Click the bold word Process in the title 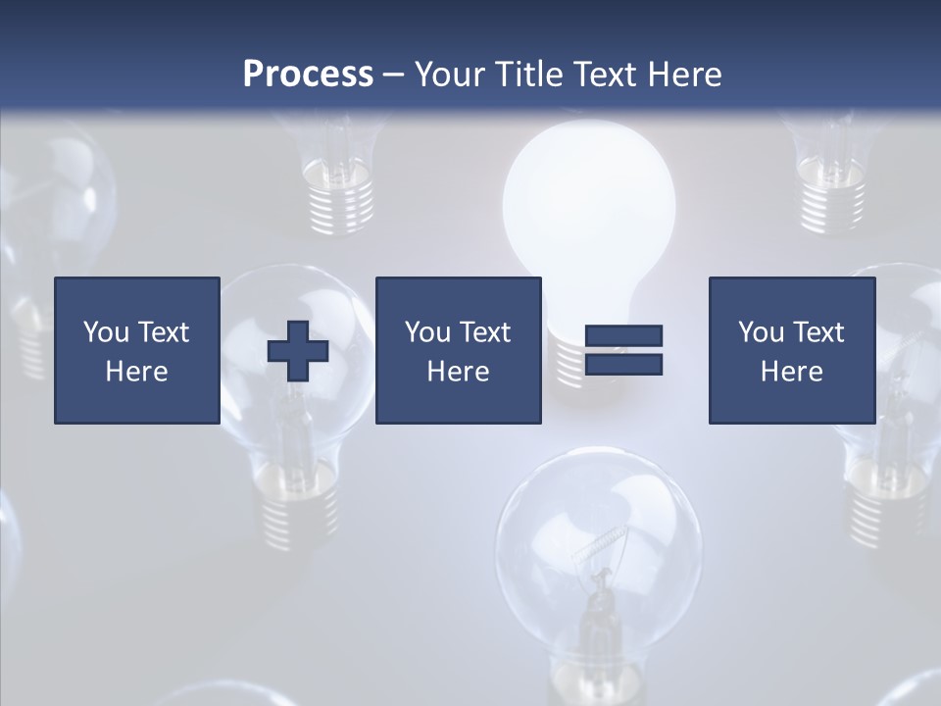pos(308,74)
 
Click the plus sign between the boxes pos(298,350)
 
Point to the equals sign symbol pos(623,350)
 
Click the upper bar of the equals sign pos(623,336)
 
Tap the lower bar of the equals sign pos(623,364)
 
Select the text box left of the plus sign pos(137,350)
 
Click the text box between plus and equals pos(459,350)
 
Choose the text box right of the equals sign pos(792,350)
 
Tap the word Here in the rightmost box pos(792,372)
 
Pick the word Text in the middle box pos(485,332)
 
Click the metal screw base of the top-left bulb pos(341,196)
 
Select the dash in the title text pos(394,75)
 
